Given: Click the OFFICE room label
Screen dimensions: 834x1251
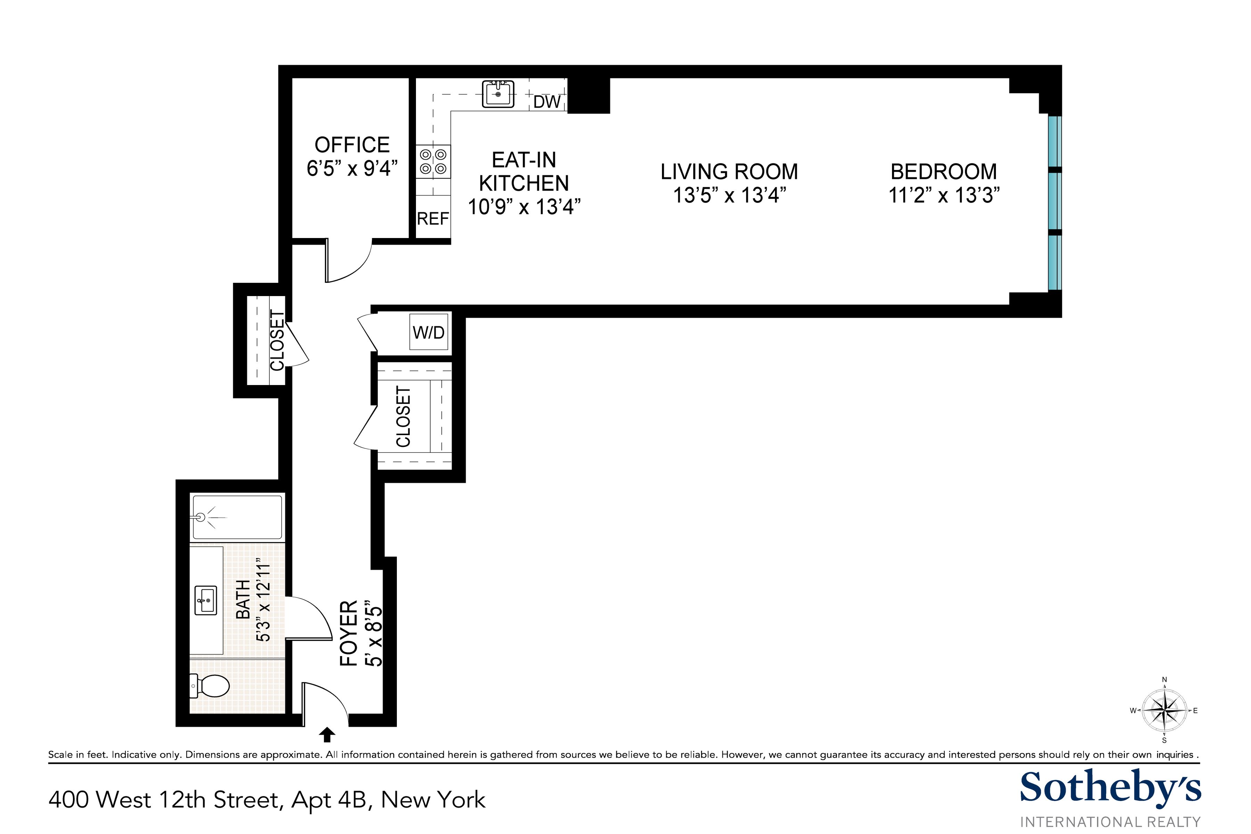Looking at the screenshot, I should click(x=352, y=145).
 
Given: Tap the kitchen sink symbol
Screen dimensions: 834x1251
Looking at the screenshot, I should click(x=498, y=94).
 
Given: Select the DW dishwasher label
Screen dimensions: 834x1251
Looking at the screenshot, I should click(x=547, y=101).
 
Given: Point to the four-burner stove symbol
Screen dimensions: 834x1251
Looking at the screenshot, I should click(x=433, y=162).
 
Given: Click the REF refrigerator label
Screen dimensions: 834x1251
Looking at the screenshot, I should click(x=432, y=219).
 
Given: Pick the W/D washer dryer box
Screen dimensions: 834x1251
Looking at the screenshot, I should click(x=429, y=333).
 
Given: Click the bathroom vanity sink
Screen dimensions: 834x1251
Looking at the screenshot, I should click(x=206, y=601).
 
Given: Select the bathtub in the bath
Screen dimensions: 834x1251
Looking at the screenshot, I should click(x=237, y=517).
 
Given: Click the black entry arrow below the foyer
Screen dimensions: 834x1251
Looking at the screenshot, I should click(x=327, y=735).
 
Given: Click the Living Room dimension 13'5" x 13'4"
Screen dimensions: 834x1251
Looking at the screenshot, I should click(x=729, y=195).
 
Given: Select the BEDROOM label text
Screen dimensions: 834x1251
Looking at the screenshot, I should click(x=943, y=171).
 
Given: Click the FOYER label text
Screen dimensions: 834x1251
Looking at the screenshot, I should click(x=349, y=633).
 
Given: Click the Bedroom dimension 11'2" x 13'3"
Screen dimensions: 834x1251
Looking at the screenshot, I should click(x=943, y=195).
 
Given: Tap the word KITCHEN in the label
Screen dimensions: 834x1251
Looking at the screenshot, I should click(x=524, y=183).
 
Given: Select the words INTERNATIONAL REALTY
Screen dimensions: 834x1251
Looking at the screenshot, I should click(x=1110, y=822).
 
